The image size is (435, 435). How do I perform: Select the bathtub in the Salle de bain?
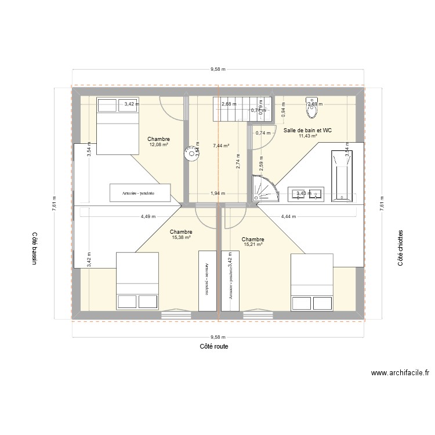tap(342, 176)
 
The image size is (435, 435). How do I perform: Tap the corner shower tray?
tap(264, 189)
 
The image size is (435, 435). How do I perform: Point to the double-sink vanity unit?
tap(306, 195)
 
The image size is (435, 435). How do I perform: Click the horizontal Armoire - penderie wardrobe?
tap(140, 193)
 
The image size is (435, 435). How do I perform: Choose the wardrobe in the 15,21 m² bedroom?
tap(230, 281)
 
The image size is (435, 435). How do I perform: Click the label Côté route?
tap(213, 346)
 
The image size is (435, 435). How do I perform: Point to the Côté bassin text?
tap(34, 249)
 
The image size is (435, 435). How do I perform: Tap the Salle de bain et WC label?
tap(307, 130)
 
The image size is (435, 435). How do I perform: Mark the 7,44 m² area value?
tap(221, 146)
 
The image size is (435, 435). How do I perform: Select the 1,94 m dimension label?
tap(217, 194)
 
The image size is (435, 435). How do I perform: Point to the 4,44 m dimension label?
tap(288, 217)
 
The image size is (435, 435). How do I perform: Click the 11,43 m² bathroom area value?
tap(307, 136)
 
